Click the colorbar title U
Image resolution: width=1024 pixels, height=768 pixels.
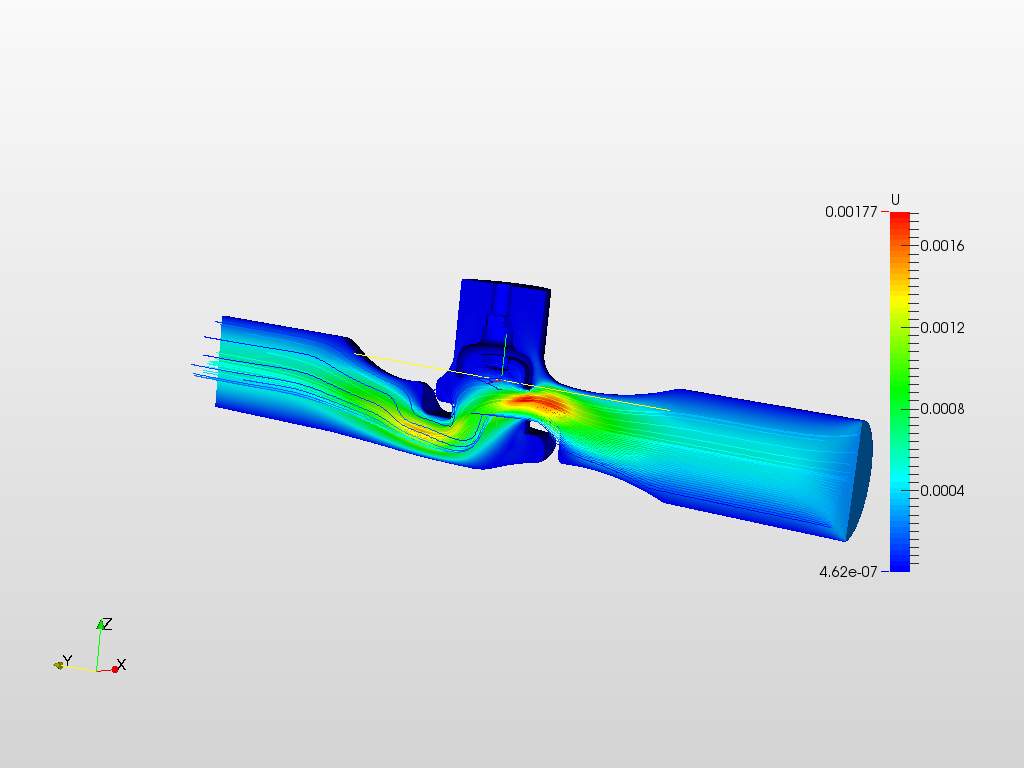pyautogui.click(x=895, y=200)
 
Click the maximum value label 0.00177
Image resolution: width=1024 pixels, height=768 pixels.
pyautogui.click(x=851, y=212)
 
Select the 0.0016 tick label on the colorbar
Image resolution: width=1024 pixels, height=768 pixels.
pyautogui.click(x=942, y=246)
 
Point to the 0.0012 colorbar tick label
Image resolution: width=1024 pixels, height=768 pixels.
pyautogui.click(x=942, y=327)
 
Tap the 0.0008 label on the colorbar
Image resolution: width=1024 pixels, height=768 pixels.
pyautogui.click(x=942, y=409)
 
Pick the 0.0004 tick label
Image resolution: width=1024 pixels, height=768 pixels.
pyautogui.click(x=942, y=490)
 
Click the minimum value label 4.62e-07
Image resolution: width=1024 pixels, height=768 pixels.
pyautogui.click(x=848, y=572)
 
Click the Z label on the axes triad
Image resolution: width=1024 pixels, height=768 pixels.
pyautogui.click(x=107, y=624)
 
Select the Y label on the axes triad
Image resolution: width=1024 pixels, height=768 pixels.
pyautogui.click(x=67, y=660)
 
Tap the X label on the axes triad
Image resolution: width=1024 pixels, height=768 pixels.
pyautogui.click(x=121, y=665)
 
